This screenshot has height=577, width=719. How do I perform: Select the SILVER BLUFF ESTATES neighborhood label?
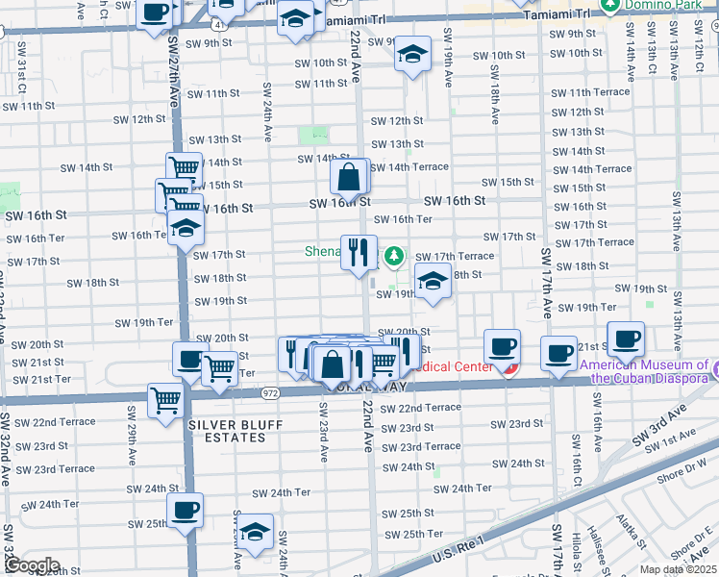tap(227, 431)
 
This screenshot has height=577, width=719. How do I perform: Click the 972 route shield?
tap(270, 392)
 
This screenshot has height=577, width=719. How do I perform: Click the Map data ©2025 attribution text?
tap(679, 569)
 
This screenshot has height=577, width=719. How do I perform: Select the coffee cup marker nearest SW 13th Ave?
tap(626, 339)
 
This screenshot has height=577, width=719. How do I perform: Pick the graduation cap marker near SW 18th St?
tap(433, 282)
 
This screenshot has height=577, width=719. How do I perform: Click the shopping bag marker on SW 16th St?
tap(349, 177)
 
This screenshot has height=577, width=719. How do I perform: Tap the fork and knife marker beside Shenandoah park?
tap(359, 253)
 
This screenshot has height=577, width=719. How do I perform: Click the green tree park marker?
tap(394, 257)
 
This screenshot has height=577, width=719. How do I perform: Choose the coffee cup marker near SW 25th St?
tap(185, 510)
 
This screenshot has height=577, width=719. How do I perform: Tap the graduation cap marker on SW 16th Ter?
tap(186, 228)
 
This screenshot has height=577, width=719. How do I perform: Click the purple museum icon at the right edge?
tap(714, 366)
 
